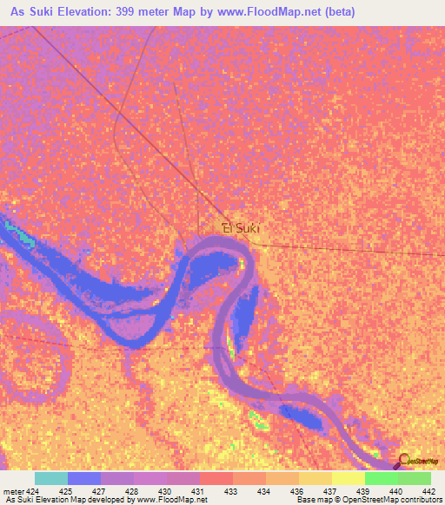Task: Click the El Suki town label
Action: pyautogui.click(x=241, y=228)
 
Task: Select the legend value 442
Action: pyautogui.click(x=427, y=490)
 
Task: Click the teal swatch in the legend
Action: pyautogui.click(x=51, y=478)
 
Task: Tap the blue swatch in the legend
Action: pyautogui.click(x=84, y=478)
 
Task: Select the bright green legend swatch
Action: pyautogui.click(x=381, y=478)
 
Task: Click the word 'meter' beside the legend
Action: pyautogui.click(x=11, y=490)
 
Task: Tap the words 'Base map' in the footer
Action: pyautogui.click(x=312, y=500)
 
